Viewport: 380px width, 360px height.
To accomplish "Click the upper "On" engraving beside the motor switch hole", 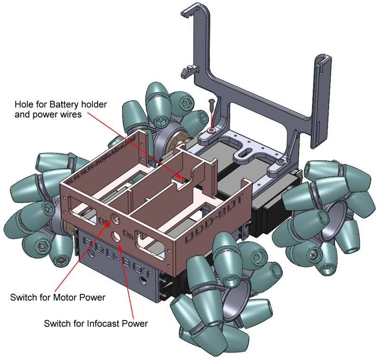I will [x=102, y=220].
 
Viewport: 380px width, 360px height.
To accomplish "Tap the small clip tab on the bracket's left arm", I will [x=187, y=70].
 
